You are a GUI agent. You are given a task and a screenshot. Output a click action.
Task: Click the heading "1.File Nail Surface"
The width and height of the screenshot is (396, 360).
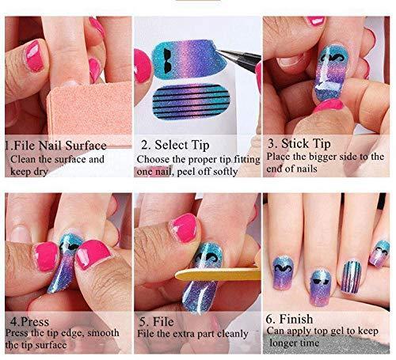click(x=56, y=146)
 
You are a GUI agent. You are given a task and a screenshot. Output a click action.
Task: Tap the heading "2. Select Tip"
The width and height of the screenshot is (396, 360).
click(x=175, y=145)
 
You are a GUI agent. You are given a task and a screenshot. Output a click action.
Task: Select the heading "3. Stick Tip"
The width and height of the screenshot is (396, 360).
click(x=299, y=144)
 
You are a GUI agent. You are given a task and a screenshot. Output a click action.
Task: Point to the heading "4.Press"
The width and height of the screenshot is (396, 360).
click(x=29, y=322)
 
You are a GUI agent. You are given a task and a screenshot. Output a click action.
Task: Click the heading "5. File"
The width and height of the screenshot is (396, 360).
click(x=156, y=322)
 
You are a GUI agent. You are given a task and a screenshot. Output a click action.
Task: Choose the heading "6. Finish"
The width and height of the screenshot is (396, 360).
click(x=289, y=319)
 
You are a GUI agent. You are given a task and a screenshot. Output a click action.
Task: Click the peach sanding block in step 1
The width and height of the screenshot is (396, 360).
click(x=89, y=109)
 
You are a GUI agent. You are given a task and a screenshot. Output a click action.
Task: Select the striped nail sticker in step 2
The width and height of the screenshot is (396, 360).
click(x=192, y=102)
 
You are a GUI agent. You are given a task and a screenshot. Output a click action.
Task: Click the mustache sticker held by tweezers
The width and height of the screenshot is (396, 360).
click(x=188, y=59)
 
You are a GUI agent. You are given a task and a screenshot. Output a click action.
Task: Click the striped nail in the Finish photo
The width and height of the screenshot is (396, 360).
click(x=351, y=276)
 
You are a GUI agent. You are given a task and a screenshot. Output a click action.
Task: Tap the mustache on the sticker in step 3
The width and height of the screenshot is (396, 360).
click(x=332, y=57)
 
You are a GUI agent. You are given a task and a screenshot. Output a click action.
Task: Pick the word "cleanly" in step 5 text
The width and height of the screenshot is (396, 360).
click(x=232, y=334)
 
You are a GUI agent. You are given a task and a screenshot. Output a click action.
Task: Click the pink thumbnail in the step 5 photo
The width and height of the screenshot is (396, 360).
click(x=184, y=227)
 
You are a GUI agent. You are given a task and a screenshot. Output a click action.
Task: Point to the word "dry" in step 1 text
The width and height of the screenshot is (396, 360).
click(x=40, y=172)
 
